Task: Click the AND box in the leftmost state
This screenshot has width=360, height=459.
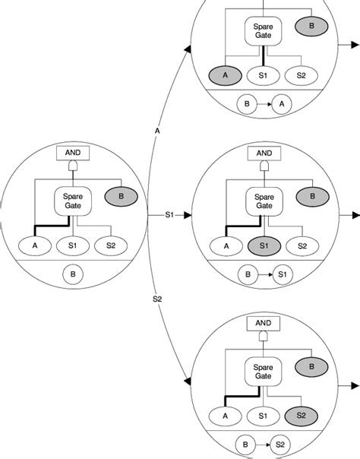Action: coord(73,154)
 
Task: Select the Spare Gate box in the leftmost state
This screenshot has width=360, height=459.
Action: coord(73,201)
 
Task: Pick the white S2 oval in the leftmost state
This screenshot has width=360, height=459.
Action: coord(112,245)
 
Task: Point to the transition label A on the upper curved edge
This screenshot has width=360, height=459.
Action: coord(157,131)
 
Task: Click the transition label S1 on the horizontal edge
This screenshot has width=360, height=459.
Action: coord(170,215)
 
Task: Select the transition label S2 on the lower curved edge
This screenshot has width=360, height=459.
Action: coord(158,299)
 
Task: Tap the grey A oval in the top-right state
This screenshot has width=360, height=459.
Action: coord(226,75)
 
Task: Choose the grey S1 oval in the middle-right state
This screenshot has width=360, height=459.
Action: coord(263,245)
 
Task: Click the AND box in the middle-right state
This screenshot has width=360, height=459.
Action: coord(264,154)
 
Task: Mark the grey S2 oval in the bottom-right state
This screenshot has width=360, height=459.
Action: coord(302,416)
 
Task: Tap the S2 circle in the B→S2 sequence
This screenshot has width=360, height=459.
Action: coord(280,443)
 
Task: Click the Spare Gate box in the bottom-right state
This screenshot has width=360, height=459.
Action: coord(264,371)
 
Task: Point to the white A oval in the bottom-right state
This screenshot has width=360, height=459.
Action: coord(226,416)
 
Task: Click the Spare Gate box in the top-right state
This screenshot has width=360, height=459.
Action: coord(264,30)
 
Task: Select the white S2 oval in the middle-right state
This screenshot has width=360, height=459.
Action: coord(302,245)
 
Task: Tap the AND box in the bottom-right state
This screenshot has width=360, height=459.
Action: coord(264,324)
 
